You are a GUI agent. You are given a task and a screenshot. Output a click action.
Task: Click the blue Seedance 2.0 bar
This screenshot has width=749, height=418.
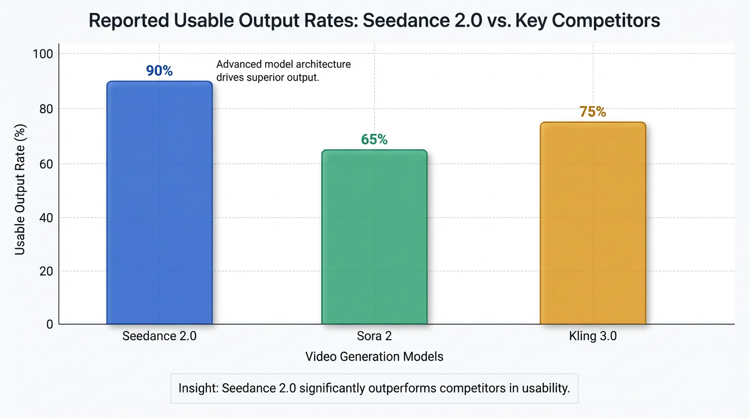point(159,202)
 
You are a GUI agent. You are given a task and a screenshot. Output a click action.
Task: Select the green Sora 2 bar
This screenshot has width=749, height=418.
point(374,237)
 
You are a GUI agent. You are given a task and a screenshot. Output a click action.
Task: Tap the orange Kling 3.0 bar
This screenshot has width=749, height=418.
point(592,223)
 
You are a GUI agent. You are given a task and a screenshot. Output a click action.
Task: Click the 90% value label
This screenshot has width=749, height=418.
point(159,71)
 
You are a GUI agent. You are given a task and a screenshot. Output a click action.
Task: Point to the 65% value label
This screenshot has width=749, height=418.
point(374,140)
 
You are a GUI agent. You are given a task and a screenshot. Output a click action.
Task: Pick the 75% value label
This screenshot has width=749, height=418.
point(592,112)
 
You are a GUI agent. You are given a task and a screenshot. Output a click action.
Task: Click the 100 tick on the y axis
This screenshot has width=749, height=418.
point(42,54)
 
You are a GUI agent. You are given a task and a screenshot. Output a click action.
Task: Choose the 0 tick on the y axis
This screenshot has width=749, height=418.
point(49,324)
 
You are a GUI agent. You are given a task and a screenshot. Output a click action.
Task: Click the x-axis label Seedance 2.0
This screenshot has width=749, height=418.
point(159,336)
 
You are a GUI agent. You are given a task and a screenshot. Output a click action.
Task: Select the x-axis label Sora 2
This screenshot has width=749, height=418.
point(374,336)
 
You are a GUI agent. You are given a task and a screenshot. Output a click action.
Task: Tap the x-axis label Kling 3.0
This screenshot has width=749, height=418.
point(592,336)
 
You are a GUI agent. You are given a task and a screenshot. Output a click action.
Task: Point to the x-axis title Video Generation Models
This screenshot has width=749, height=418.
point(374,357)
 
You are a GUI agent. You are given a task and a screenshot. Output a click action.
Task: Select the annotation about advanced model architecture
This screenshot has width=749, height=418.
point(283,71)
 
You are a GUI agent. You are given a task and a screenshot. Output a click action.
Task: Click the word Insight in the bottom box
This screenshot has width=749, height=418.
point(198,389)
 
